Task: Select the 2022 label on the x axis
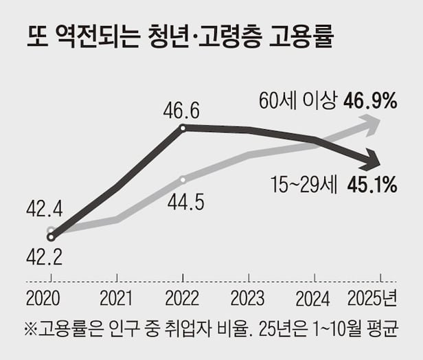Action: pyautogui.click(x=182, y=300)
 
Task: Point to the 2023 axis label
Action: pyautogui.click(x=247, y=300)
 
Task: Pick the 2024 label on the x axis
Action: pyautogui.click(x=313, y=300)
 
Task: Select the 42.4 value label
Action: pyautogui.click(x=43, y=207)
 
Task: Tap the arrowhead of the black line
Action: pyautogui.click(x=373, y=162)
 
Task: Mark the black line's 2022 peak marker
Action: pyautogui.click(x=183, y=127)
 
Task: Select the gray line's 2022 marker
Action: pyautogui.click(x=183, y=179)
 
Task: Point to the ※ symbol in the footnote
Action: pyautogui.click(x=32, y=328)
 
